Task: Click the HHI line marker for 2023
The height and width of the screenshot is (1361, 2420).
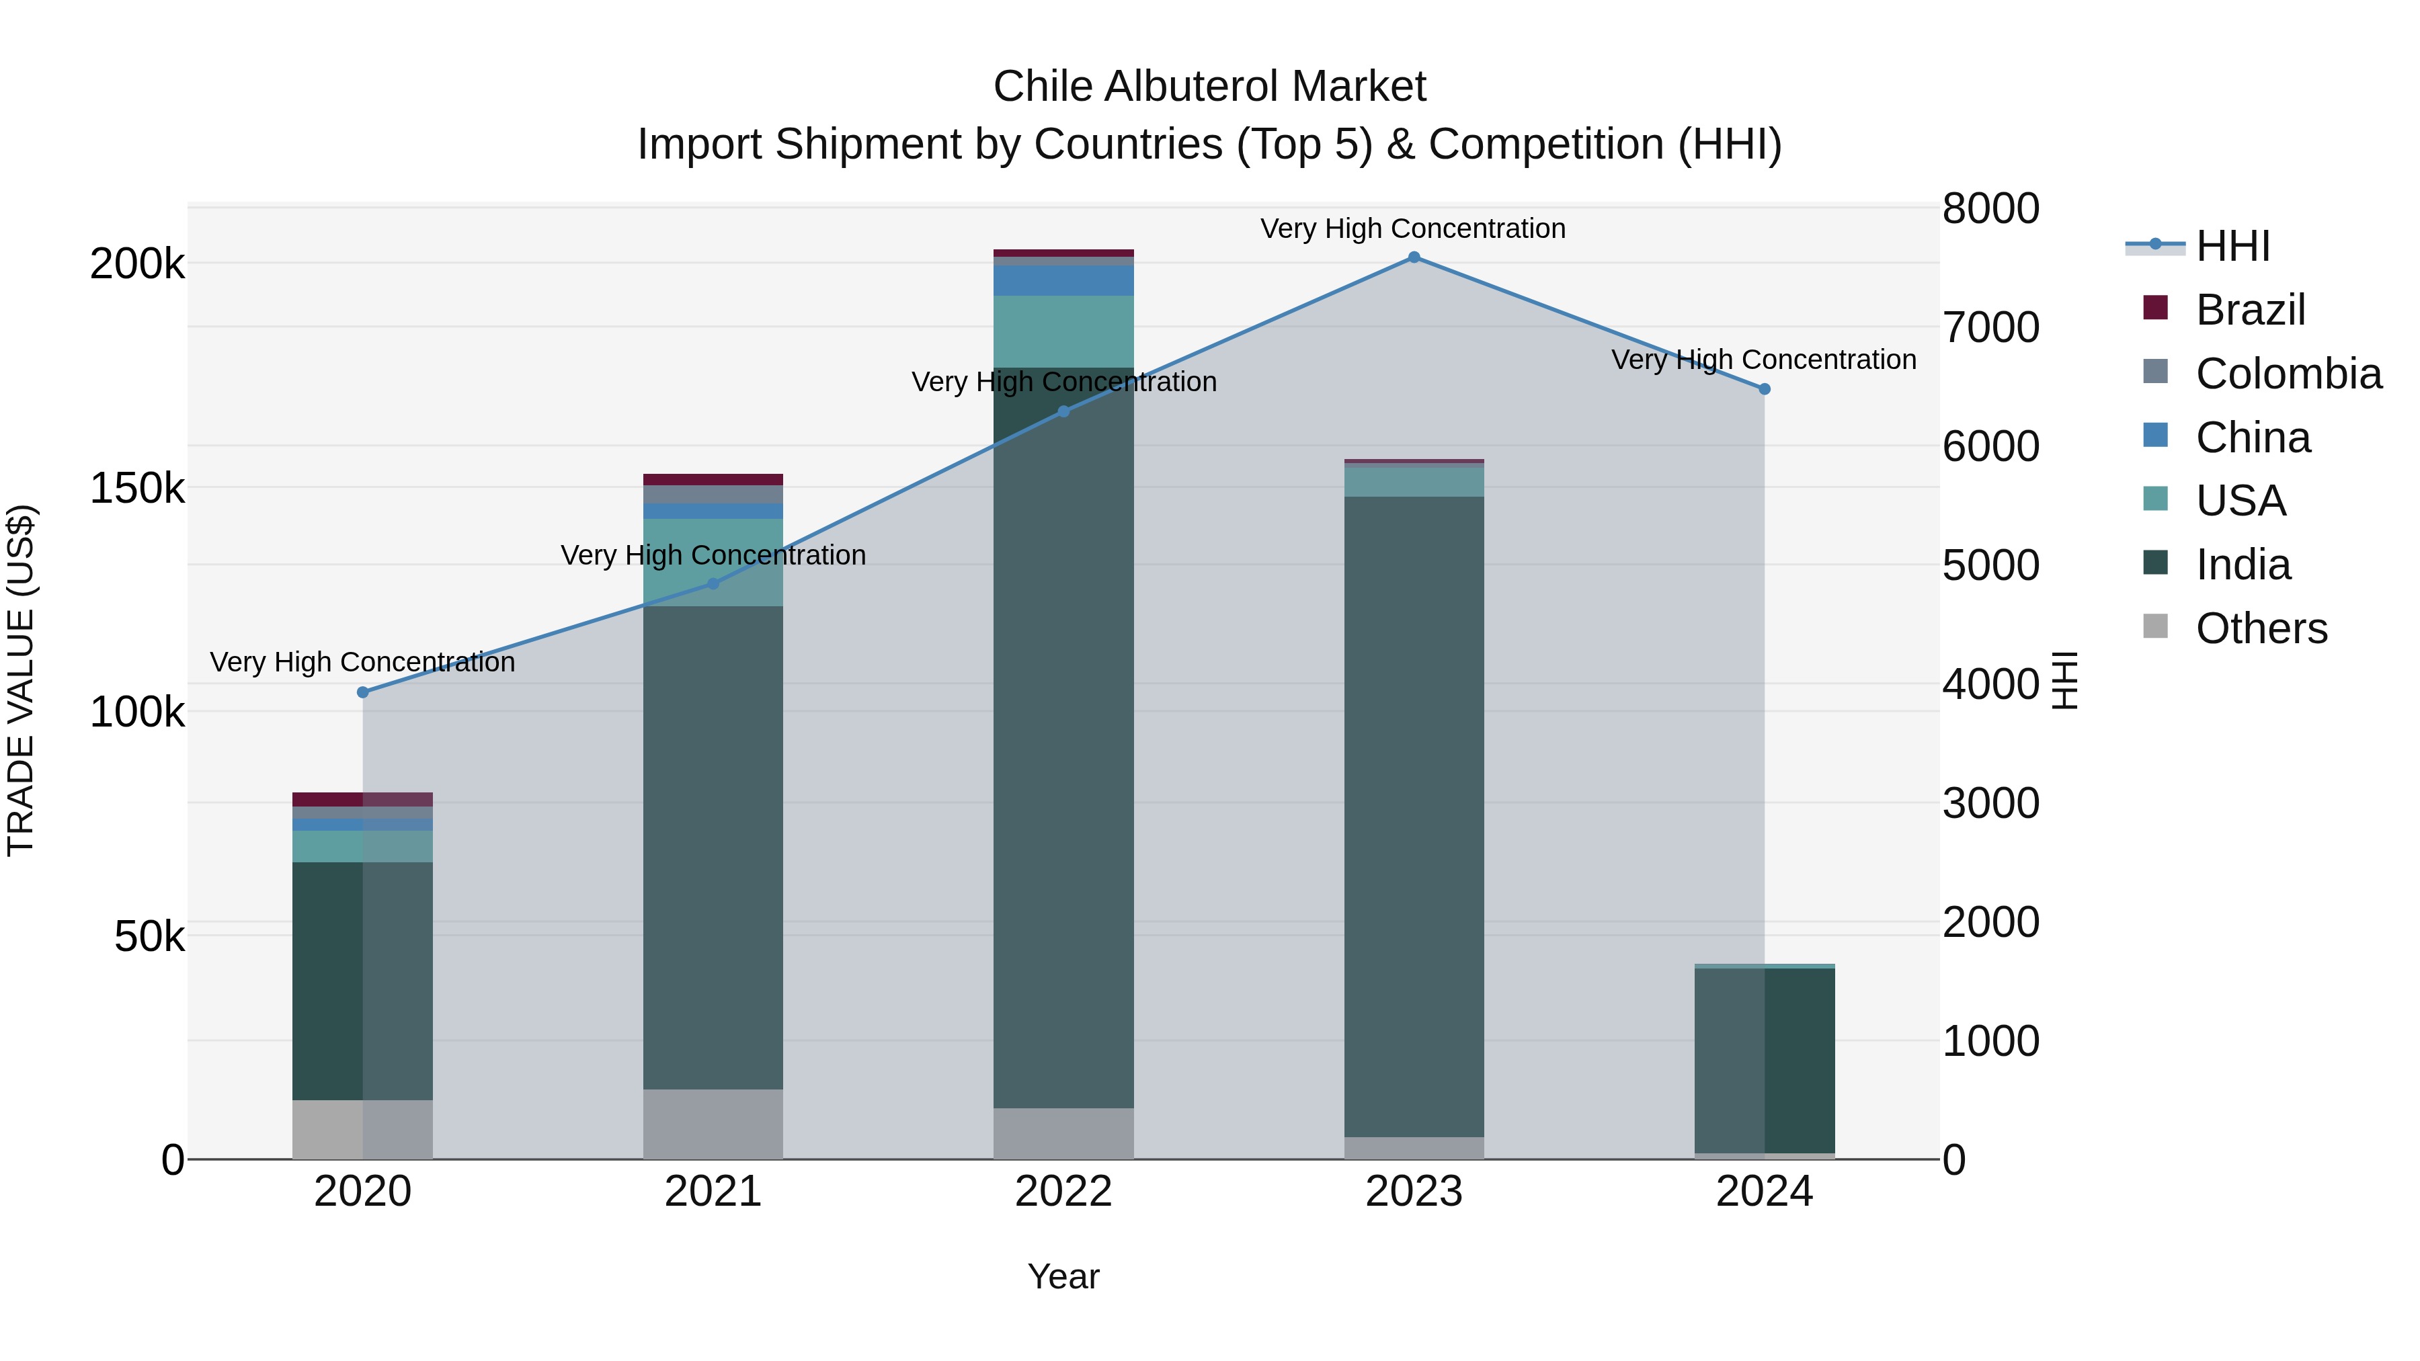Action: (1414, 257)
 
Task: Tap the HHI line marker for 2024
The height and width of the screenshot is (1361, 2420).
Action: (1765, 389)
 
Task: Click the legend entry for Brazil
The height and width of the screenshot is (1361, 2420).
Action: (2250, 310)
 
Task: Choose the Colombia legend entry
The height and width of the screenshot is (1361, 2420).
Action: (2288, 374)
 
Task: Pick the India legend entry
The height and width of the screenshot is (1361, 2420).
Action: (2243, 565)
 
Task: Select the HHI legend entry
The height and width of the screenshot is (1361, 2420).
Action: (2232, 246)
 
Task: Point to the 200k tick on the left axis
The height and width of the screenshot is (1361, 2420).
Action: (137, 264)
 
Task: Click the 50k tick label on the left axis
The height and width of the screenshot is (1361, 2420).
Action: (149, 936)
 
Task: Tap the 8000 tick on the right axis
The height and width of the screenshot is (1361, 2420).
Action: (1990, 208)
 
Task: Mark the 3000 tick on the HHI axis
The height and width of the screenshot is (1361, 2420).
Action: (1990, 804)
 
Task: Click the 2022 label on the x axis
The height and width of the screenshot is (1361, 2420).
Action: (1063, 1192)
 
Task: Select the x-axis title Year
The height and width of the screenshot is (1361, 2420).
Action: (1063, 1276)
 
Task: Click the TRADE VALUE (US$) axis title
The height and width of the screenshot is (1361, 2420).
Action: (21, 680)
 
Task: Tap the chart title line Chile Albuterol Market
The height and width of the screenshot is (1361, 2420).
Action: (1209, 87)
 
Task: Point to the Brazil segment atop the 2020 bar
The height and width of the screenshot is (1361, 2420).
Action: (362, 799)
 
